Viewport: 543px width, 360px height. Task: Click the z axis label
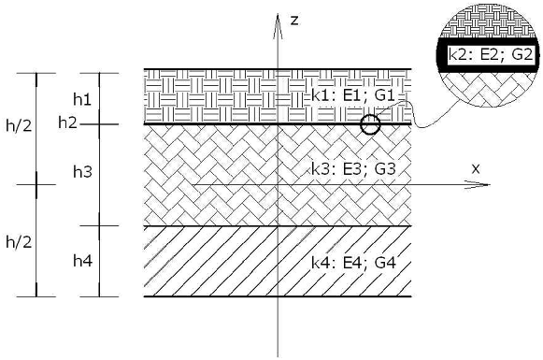[x=293, y=20]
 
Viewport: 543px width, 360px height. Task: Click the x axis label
[x=476, y=168]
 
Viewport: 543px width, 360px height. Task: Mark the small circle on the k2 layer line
[x=370, y=124]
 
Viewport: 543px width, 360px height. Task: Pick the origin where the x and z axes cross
[x=278, y=184]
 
